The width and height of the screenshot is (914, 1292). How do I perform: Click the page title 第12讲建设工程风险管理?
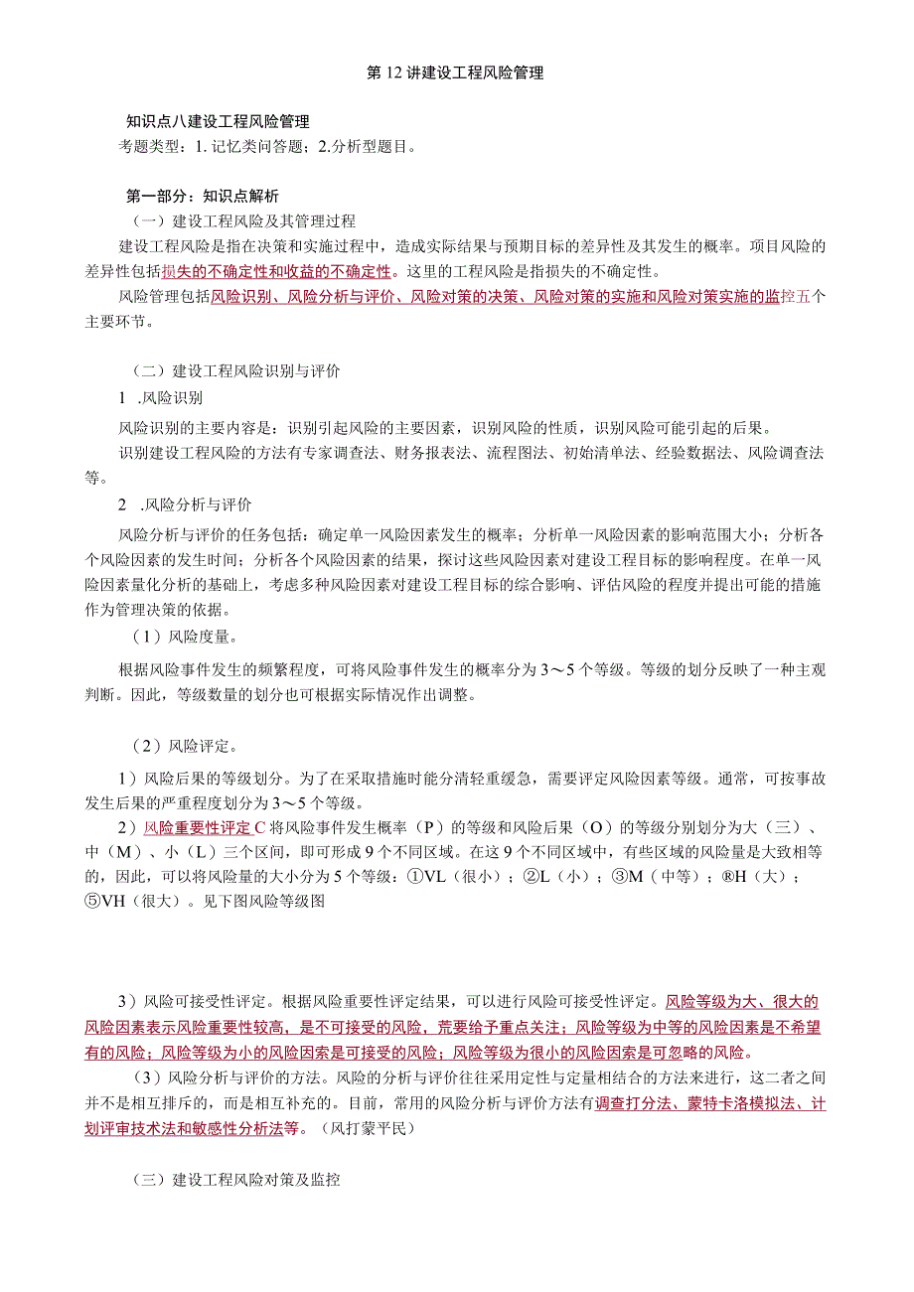[x=456, y=73]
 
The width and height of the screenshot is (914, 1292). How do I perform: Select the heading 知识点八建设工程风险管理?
[x=219, y=122]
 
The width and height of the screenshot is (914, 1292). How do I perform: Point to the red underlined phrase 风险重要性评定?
[x=198, y=827]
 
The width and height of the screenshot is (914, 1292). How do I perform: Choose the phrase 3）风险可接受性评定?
[x=197, y=1001]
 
